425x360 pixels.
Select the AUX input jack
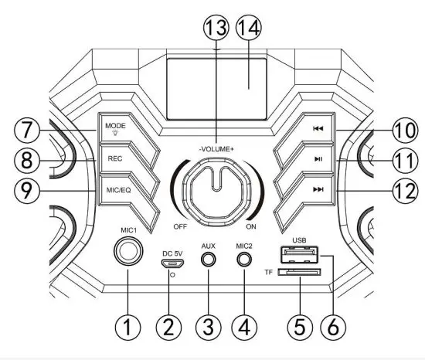tap(207, 260)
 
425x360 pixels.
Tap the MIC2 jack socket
tap(244, 260)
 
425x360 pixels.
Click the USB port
tap(297, 256)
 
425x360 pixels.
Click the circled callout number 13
tap(216, 30)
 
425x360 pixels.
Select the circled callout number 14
tap(249, 30)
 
